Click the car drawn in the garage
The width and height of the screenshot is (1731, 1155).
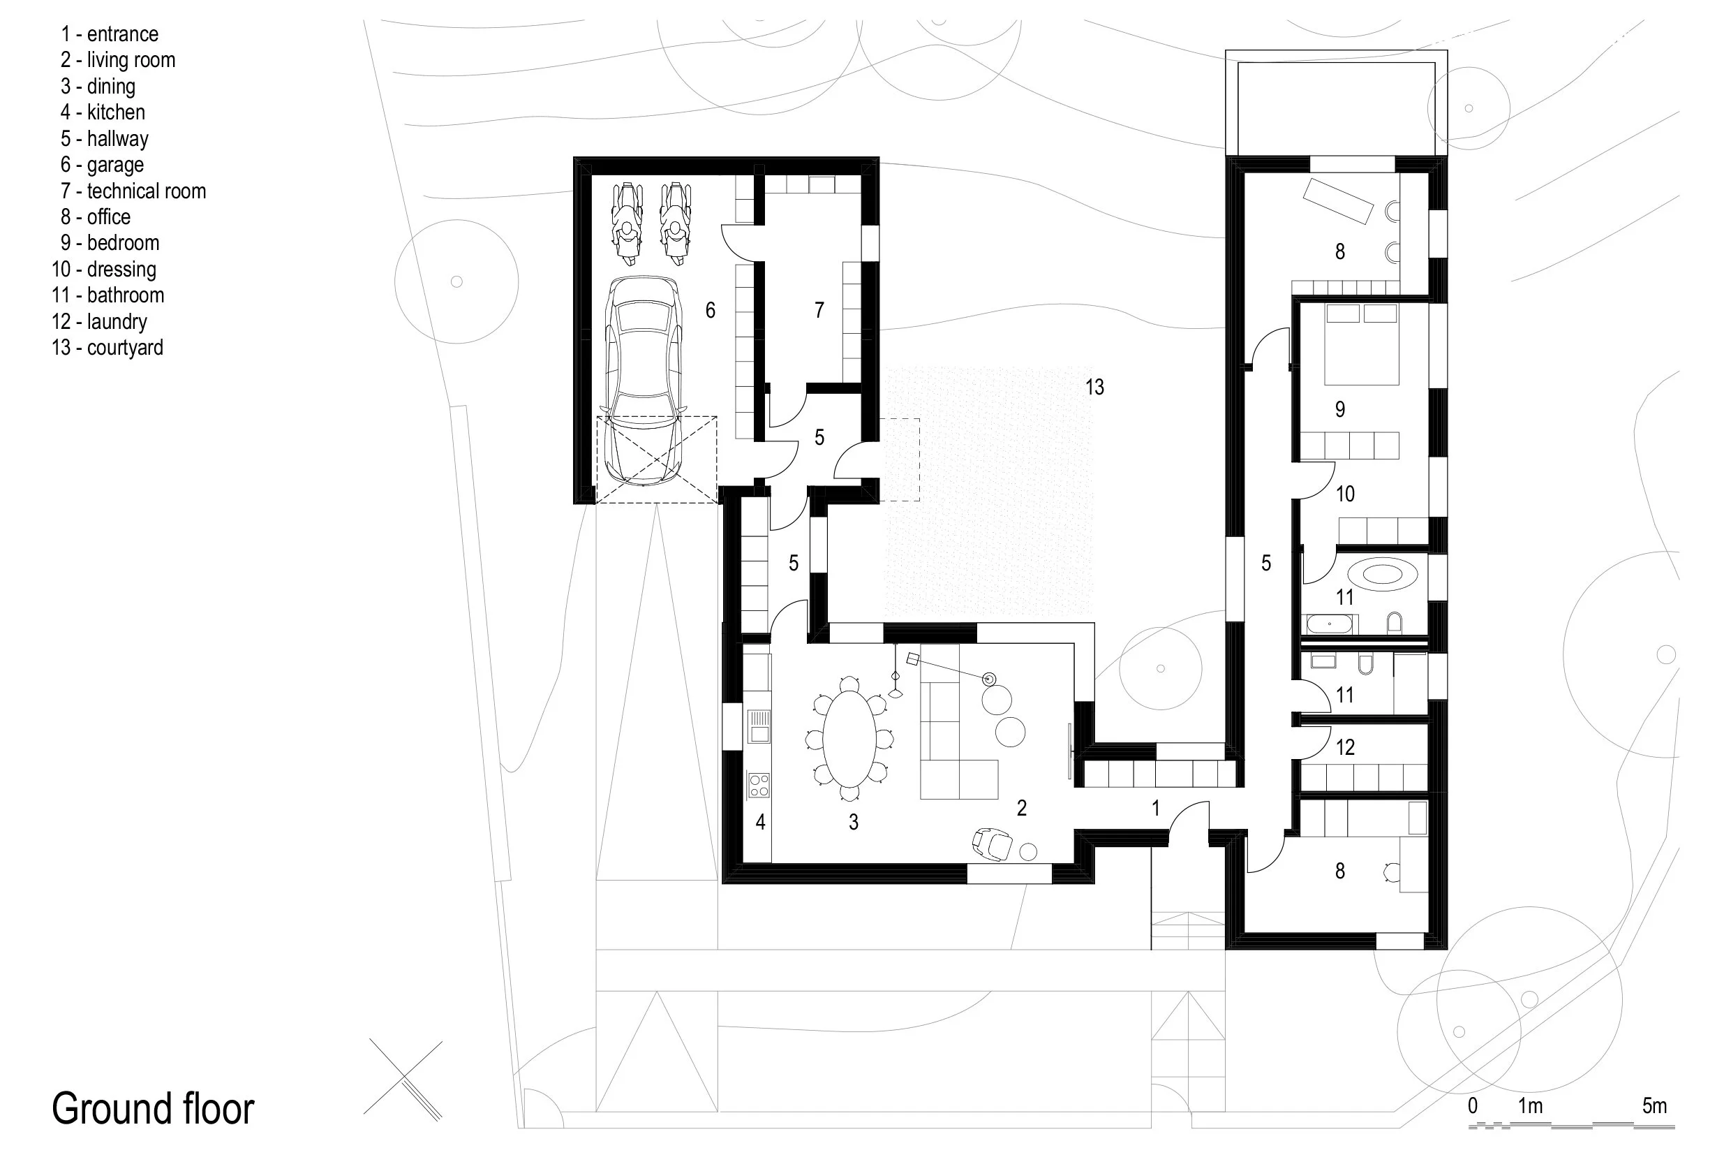[x=644, y=380]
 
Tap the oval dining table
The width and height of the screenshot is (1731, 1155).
[x=849, y=739]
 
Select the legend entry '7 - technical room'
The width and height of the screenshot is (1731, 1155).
[x=133, y=191]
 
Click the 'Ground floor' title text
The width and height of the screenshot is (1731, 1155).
[x=153, y=1109]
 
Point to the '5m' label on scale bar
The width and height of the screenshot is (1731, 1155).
[x=1654, y=1105]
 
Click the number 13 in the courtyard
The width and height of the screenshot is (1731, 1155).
[x=1094, y=388]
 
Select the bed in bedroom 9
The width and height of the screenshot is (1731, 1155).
[x=1360, y=345]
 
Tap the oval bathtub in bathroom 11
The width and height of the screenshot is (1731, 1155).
[x=1383, y=574]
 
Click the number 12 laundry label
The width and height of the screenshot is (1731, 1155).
[x=1344, y=748]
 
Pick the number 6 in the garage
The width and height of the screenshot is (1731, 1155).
[x=710, y=310]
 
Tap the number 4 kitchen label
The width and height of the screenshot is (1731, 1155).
[x=760, y=822]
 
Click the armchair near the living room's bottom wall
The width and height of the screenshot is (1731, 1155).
[x=991, y=844]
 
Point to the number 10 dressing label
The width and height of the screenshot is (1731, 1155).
[x=1344, y=494]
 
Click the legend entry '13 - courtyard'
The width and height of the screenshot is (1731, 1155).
[x=107, y=348]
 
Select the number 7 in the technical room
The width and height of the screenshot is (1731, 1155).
[x=819, y=310]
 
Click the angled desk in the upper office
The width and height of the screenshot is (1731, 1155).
[x=1338, y=200]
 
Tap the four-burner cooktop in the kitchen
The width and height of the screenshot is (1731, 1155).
[x=759, y=785]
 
